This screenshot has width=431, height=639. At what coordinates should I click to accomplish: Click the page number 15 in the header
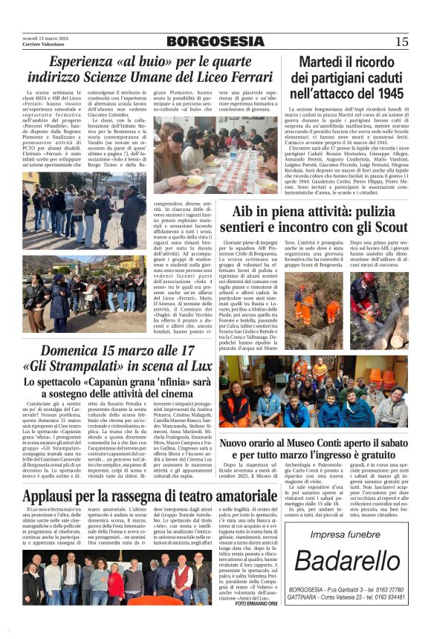click(x=402, y=42)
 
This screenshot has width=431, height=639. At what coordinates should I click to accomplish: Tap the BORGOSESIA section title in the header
click(x=215, y=42)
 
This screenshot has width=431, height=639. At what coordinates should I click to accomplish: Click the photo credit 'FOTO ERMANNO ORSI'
click(x=257, y=603)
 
